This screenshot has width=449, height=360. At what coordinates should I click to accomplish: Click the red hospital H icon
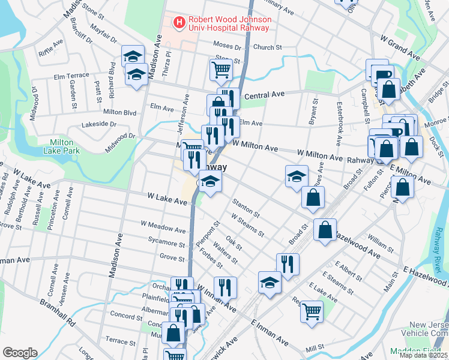point(179,23)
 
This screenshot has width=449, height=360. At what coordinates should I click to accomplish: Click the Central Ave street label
point(264,95)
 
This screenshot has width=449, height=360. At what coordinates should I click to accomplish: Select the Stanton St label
point(246,209)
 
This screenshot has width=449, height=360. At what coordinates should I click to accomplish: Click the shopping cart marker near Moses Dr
point(221,70)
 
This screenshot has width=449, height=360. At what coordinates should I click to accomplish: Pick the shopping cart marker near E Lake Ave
point(312,311)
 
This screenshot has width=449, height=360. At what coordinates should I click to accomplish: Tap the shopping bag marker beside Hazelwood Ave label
point(325,230)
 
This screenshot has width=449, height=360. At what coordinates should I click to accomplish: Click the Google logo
point(20,353)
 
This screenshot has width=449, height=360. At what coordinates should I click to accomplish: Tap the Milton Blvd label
point(120,112)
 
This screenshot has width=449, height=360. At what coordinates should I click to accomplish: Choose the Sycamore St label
point(167,244)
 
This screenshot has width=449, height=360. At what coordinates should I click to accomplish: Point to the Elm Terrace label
point(71,76)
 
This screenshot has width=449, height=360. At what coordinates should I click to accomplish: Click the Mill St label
point(315,347)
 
